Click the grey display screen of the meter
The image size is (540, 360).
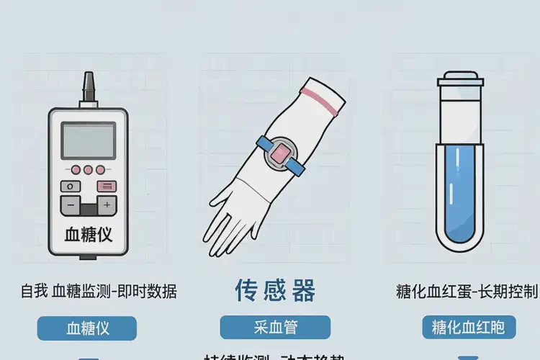pyautogui.click(x=88, y=140)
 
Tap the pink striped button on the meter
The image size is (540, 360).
pyautogui.click(x=107, y=186)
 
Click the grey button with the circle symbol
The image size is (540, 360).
pyautogui.click(x=71, y=186)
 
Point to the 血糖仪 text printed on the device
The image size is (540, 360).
pyautogui.click(x=89, y=236)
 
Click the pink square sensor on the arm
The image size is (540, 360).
pyautogui.click(x=279, y=152)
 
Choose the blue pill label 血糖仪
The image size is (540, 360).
pyautogui.click(x=88, y=328)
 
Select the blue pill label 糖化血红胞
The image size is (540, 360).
pyautogui.click(x=469, y=328)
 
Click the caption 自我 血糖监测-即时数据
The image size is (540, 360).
pyautogui.click(x=99, y=292)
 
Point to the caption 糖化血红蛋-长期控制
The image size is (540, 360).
pyautogui.click(x=467, y=292)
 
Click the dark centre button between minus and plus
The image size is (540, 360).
pyautogui.click(x=89, y=208)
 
